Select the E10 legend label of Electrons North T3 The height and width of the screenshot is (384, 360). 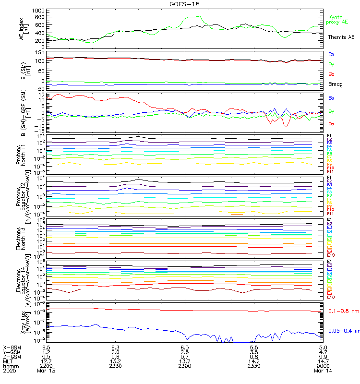pos(331,255)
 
